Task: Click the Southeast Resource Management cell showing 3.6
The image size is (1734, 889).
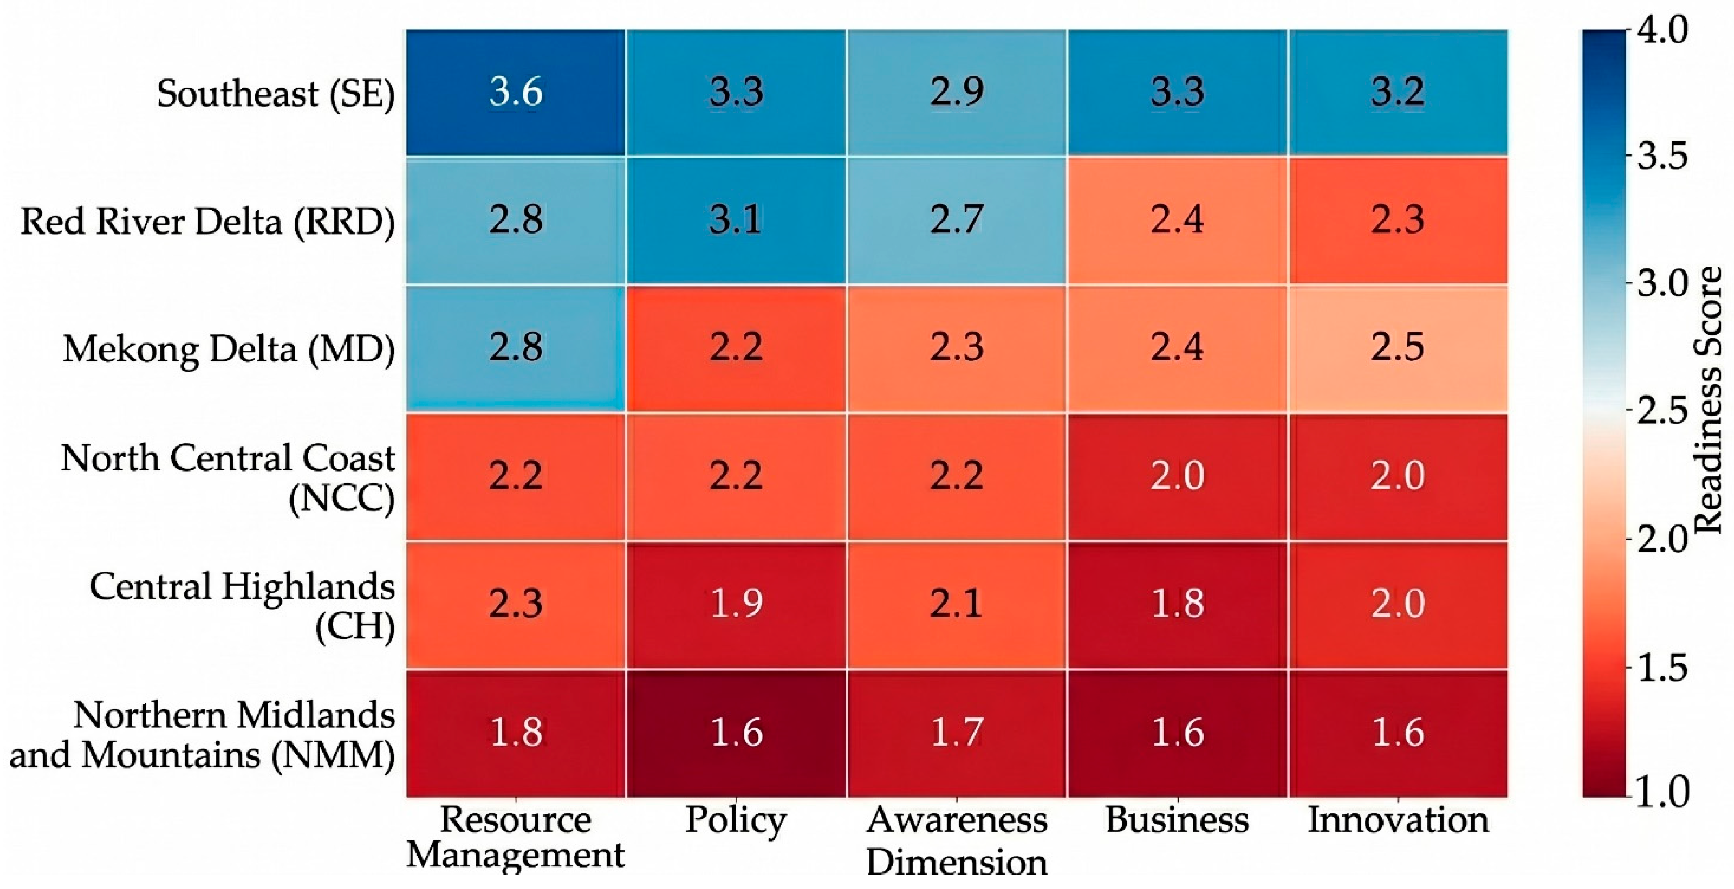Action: click(x=515, y=92)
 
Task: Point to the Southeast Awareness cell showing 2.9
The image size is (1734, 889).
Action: click(x=956, y=92)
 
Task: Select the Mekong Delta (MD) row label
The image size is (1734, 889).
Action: click(x=229, y=349)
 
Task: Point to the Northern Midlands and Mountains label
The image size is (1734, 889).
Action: click(x=202, y=734)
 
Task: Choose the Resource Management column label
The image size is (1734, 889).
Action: click(x=515, y=837)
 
